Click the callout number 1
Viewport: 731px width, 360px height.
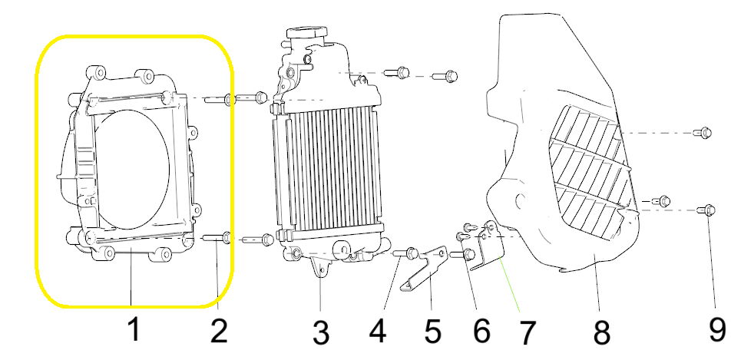coord(134,330)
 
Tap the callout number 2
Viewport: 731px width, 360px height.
coord(219,331)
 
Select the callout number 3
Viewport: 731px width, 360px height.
coord(321,333)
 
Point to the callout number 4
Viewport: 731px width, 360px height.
coord(378,331)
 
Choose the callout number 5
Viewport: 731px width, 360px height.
coord(432,331)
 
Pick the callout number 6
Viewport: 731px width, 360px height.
coord(481,331)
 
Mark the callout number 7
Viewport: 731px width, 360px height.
coord(526,332)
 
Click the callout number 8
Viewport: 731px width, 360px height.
coord(601,332)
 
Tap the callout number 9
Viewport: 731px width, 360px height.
coord(717,331)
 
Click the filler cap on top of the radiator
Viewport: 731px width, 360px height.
coord(306,35)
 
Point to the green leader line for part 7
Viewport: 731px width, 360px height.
coord(510,285)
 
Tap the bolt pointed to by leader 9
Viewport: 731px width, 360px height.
coord(706,211)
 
